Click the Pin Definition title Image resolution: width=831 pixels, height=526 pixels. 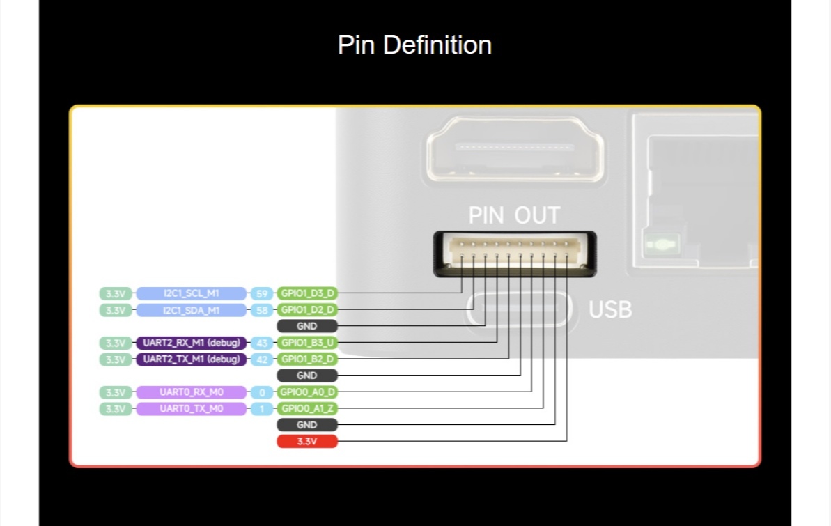tap(414, 45)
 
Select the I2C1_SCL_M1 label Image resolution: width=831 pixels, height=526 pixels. tap(192, 293)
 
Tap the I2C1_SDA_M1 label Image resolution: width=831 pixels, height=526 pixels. tap(192, 310)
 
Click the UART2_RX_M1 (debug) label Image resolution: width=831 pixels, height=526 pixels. tap(192, 343)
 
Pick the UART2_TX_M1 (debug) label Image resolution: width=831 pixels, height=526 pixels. tap(192, 359)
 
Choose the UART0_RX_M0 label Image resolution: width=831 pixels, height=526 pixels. tap(192, 392)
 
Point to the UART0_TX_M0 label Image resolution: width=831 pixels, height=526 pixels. tap(192, 409)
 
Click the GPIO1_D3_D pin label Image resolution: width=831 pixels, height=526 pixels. tap(307, 293)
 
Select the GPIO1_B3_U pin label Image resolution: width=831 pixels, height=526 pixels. tap(307, 343)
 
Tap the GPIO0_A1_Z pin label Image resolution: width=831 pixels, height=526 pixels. tap(307, 409)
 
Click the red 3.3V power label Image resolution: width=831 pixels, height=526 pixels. tap(307, 441)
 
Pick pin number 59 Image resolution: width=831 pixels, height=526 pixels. tap(262, 293)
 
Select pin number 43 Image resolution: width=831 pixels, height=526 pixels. tap(262, 343)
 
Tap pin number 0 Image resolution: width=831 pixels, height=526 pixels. tap(262, 392)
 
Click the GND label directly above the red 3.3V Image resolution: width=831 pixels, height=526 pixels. tap(307, 425)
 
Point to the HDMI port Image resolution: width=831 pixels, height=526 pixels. tap(515, 150)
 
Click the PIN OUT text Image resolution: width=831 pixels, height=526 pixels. tap(514, 215)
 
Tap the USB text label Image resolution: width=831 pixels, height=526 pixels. tap(610, 309)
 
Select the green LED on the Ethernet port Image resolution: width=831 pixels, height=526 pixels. tap(661, 245)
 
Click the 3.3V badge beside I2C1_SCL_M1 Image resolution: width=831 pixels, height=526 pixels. tap(116, 293)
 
